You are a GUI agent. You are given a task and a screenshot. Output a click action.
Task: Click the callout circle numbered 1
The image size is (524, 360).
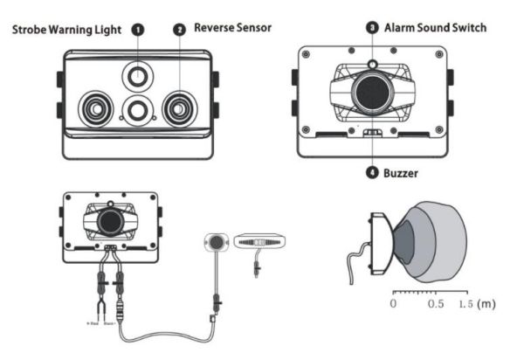click(x=138, y=29)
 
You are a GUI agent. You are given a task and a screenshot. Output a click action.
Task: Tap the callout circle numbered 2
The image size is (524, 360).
click(x=179, y=29)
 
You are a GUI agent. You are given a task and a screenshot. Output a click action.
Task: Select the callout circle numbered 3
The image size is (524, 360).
click(x=372, y=29)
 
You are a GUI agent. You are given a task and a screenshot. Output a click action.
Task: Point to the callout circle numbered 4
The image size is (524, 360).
click(x=372, y=173)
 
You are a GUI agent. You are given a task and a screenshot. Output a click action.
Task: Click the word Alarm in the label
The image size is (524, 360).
click(x=403, y=28)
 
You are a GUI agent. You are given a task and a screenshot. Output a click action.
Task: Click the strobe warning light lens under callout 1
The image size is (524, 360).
click(x=137, y=77)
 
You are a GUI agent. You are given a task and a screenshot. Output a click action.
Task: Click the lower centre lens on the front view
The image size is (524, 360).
click(x=136, y=110)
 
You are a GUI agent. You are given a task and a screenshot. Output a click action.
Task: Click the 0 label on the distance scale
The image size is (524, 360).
click(x=393, y=303)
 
